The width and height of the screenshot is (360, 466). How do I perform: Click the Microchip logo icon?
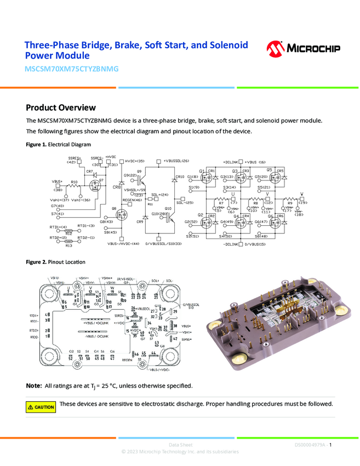point(276,49)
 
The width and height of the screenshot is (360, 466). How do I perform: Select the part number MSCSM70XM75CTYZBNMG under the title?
point(71,69)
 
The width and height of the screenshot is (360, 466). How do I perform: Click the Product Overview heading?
point(60,107)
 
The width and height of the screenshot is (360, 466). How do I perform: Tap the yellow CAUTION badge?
point(41,407)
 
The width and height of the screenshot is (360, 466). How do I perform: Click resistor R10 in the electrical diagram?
point(75,186)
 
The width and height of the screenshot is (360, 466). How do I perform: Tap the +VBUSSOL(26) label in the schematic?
point(176,161)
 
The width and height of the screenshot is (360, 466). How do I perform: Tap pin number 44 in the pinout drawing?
point(153,352)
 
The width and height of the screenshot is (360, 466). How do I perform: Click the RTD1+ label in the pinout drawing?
point(34,316)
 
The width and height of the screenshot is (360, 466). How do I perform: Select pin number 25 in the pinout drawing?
point(156,297)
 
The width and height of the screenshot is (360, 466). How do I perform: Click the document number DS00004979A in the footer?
point(310,445)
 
